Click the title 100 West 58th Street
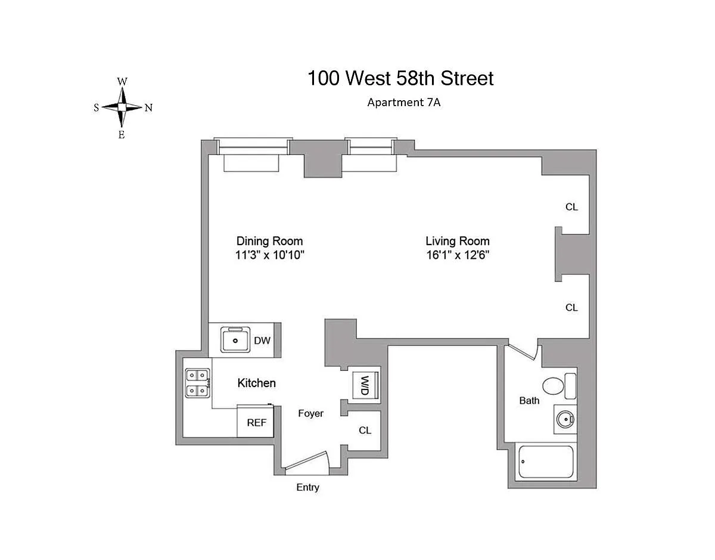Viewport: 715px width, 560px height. click(x=400, y=78)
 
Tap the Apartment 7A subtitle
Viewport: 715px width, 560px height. click(x=404, y=103)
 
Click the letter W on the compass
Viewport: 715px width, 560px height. click(x=122, y=82)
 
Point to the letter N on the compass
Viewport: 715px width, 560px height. click(x=149, y=108)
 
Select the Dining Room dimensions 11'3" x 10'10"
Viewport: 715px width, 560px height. click(x=270, y=255)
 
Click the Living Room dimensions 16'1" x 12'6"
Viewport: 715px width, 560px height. click(x=458, y=255)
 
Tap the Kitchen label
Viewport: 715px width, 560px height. click(x=257, y=383)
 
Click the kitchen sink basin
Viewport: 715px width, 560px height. click(x=235, y=340)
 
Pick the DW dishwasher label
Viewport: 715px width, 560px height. click(x=262, y=341)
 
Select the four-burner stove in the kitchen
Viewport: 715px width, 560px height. click(x=197, y=383)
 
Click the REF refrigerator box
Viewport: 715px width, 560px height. click(x=256, y=422)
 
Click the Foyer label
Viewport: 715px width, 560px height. click(x=310, y=413)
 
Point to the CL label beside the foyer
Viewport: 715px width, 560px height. click(x=365, y=431)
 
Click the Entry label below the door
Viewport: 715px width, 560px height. click(x=307, y=487)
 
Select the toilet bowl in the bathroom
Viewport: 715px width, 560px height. click(x=554, y=386)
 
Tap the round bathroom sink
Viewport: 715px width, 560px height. click(x=565, y=419)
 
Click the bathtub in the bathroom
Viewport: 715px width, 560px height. click(x=546, y=462)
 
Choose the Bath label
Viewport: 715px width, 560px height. click(x=530, y=401)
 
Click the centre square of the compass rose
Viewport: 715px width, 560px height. click(x=122, y=107)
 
